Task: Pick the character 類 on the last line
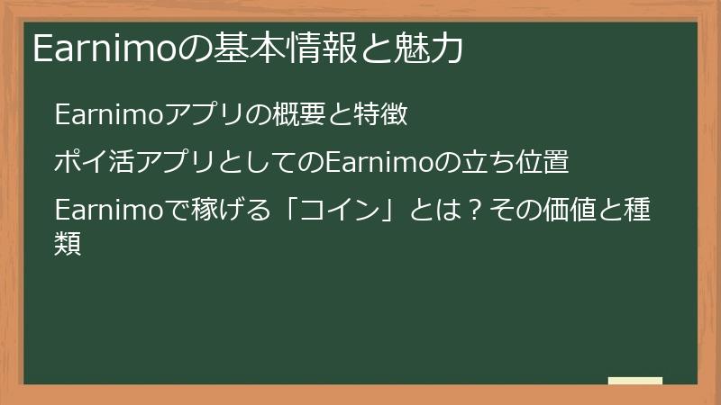click(68, 242)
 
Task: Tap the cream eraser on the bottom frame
click(634, 381)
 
